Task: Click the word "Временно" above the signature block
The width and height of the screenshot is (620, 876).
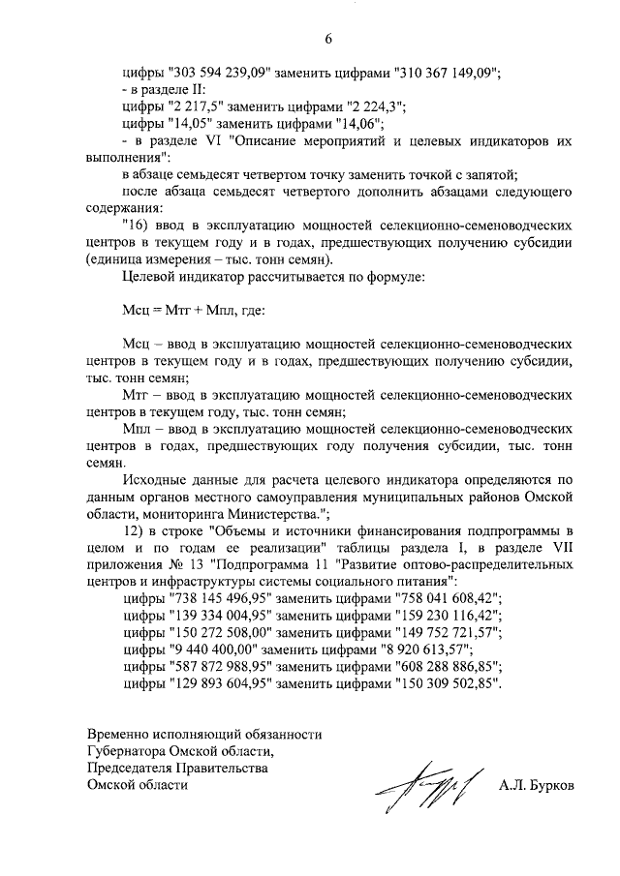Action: point(119,734)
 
